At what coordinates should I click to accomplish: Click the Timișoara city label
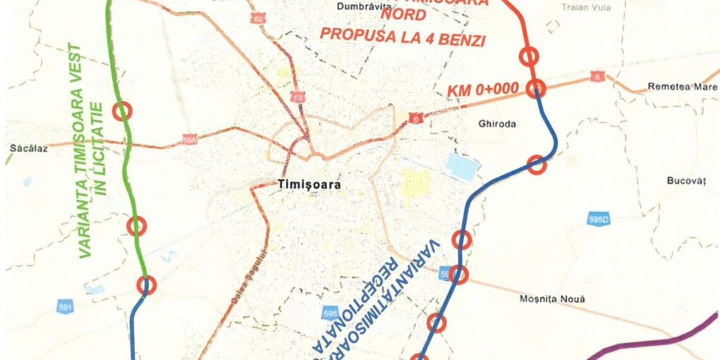tap(309, 185)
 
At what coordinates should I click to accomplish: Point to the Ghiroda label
tap(498, 124)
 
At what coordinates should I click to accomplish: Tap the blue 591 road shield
tap(65, 308)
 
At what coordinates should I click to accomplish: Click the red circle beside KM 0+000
tap(536, 89)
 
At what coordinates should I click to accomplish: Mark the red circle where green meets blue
tap(147, 285)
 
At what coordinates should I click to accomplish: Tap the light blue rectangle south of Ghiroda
tap(463, 167)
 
